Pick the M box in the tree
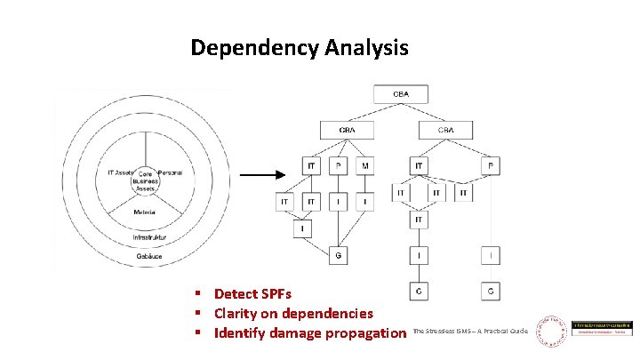point(365,165)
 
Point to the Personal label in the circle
point(169,172)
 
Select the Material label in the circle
point(143,212)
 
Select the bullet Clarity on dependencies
point(293,313)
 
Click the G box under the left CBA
point(338,257)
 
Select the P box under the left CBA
point(338,165)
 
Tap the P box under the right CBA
point(492,165)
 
